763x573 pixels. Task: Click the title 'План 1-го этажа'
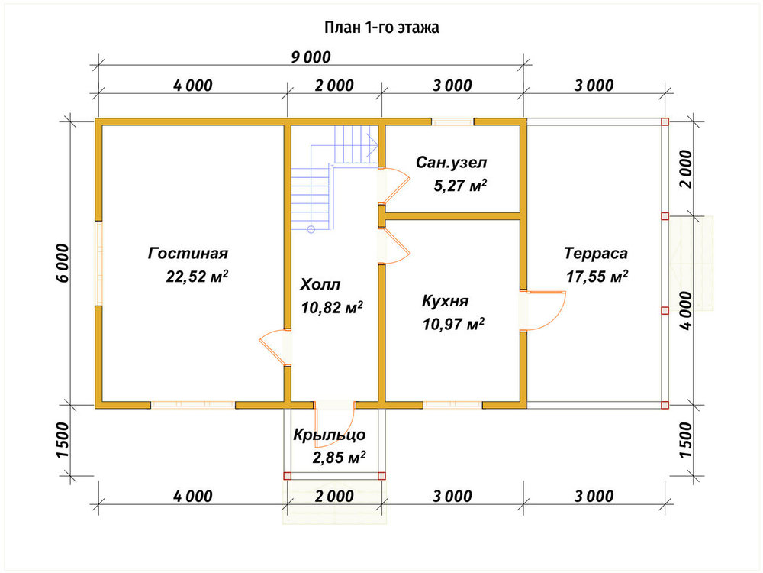click(381, 28)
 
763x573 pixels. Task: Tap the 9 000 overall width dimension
click(311, 57)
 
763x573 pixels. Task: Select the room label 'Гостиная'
click(188, 254)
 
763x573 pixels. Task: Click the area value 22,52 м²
click(197, 277)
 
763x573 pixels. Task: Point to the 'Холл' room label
click(320, 284)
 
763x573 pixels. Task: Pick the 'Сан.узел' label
click(451, 163)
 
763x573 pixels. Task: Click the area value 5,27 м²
click(460, 186)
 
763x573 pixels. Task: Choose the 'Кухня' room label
click(445, 300)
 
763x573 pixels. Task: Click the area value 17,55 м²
click(597, 277)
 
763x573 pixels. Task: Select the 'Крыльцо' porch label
click(329, 435)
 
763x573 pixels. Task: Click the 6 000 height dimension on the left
click(63, 263)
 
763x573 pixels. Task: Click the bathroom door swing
click(395, 185)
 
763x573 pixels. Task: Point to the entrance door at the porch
click(335, 424)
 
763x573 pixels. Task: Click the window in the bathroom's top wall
click(452, 121)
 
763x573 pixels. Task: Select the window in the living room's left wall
click(98, 264)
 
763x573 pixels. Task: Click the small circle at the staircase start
click(311, 229)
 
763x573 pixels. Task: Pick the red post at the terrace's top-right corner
click(665, 121)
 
